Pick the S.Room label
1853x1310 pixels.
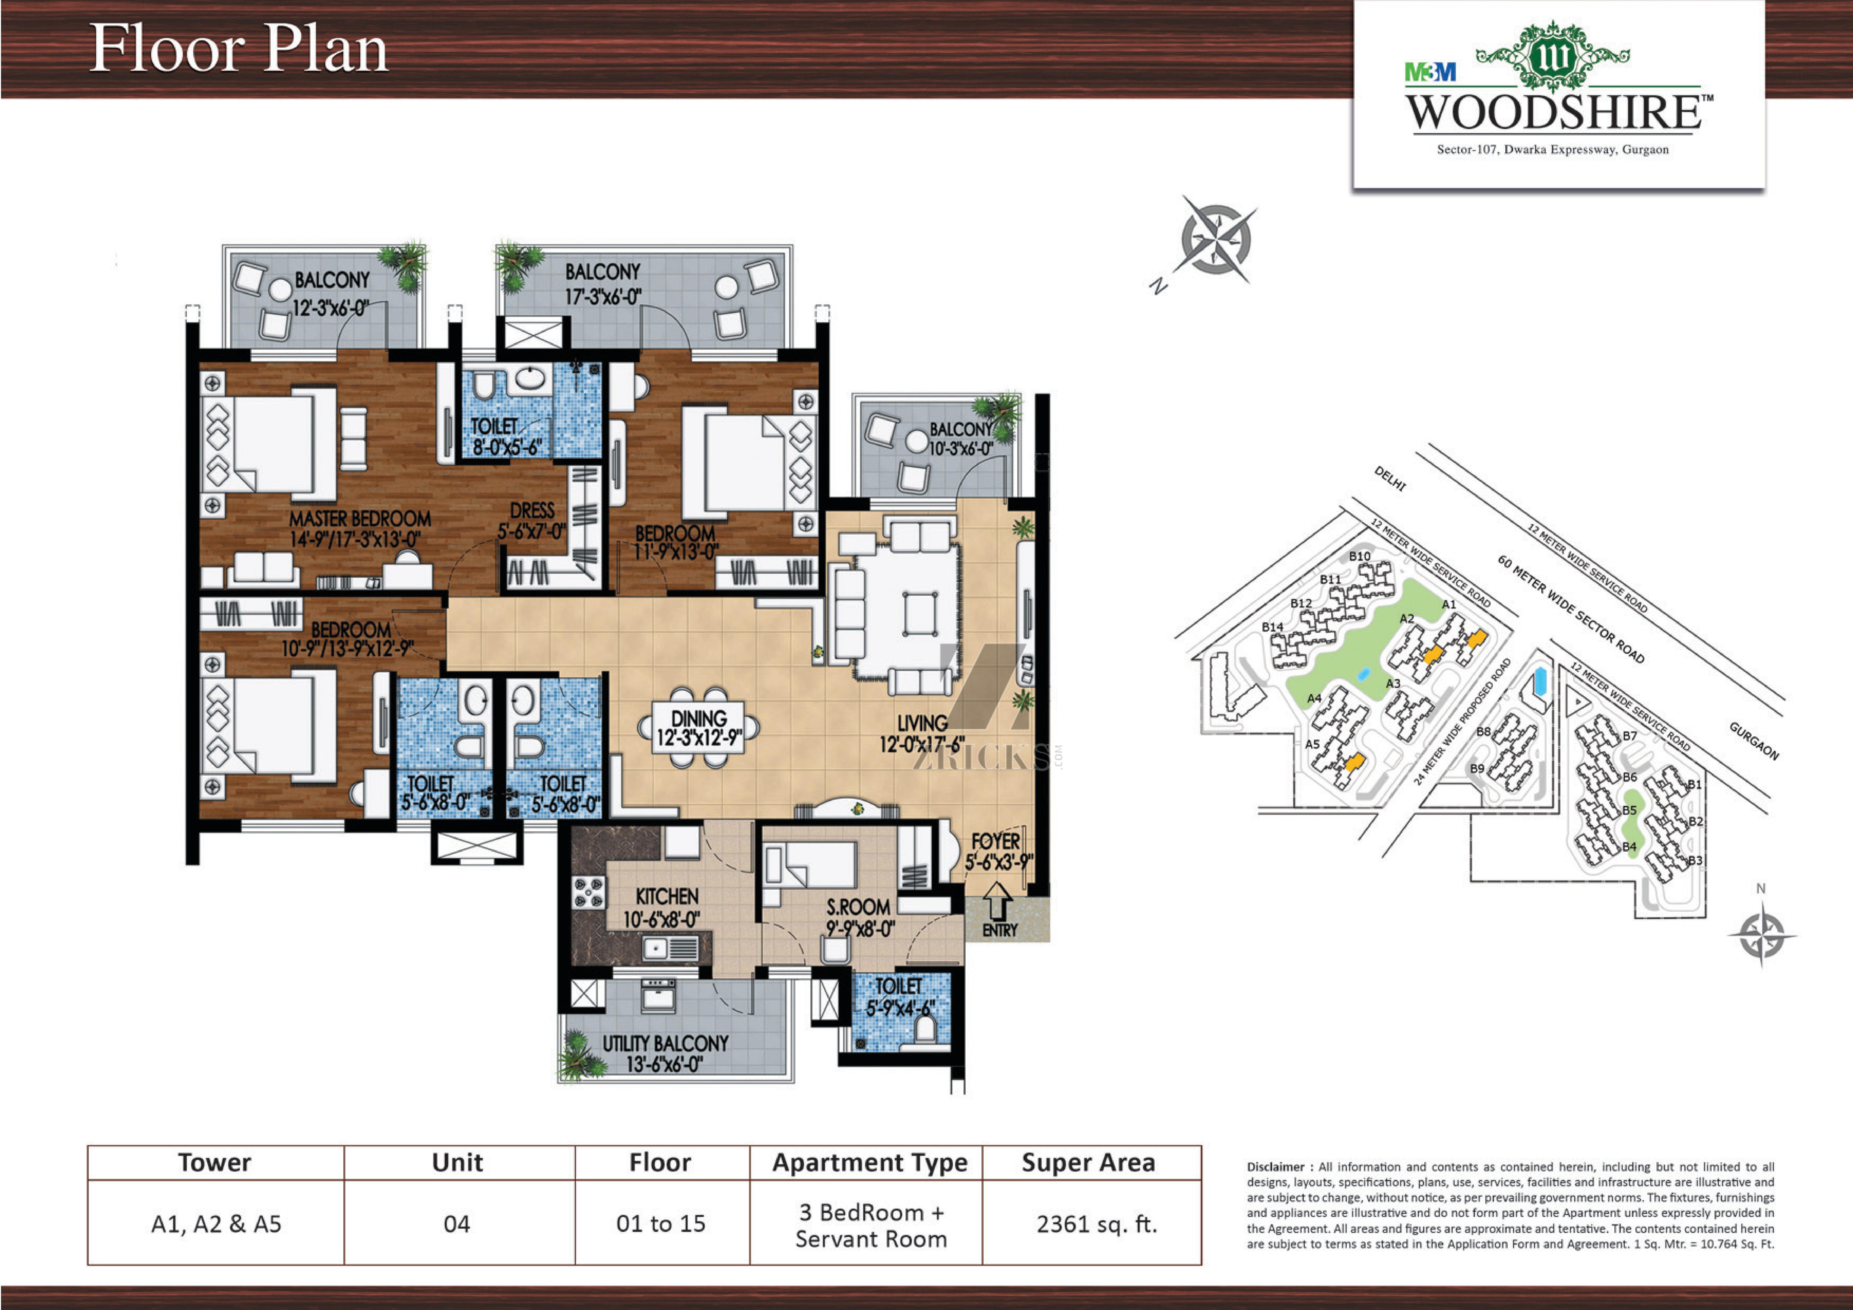point(858,907)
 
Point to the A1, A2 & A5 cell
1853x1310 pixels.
point(216,1225)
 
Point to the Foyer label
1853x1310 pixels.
point(996,840)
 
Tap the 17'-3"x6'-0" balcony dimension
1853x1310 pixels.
point(603,296)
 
